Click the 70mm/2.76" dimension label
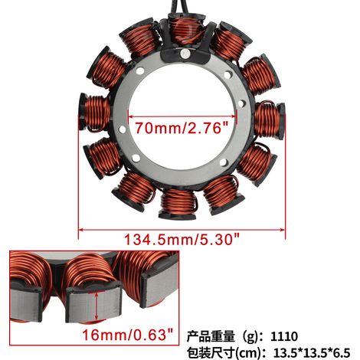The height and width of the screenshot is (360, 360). (x=182, y=128)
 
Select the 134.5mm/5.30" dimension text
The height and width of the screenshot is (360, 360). (x=182, y=240)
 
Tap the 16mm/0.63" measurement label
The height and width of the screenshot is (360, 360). (x=128, y=335)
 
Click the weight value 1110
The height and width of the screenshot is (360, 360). (x=284, y=336)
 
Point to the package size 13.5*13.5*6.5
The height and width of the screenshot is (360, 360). (x=312, y=353)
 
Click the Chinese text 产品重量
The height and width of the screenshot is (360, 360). (x=211, y=336)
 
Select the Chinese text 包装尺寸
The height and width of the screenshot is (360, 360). (x=211, y=353)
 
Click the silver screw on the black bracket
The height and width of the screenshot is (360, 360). (x=185, y=54)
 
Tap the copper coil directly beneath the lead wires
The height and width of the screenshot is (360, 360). (x=185, y=29)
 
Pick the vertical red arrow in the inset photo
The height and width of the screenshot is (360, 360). (x=97, y=306)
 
